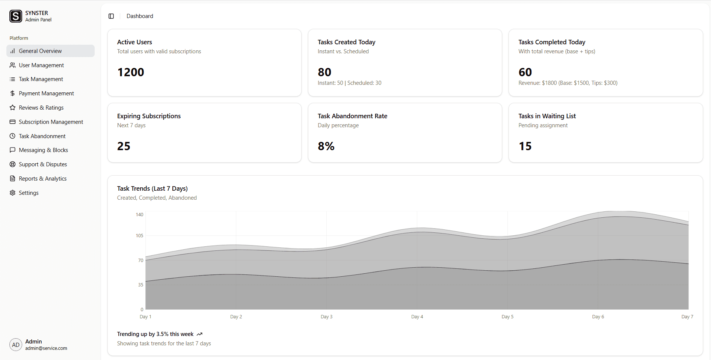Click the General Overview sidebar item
[x=40, y=51]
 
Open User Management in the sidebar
[x=41, y=65]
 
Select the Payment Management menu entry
[x=46, y=93]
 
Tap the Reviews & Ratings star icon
[x=12, y=108]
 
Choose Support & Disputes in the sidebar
[x=43, y=164]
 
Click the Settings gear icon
[x=12, y=193]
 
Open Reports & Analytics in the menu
[x=42, y=179]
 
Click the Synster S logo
[x=16, y=16]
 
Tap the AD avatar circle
[x=16, y=345]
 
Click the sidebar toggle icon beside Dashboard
[x=111, y=16]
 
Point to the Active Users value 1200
[x=131, y=72]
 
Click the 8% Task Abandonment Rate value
[x=326, y=146]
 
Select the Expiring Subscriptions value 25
[x=124, y=146]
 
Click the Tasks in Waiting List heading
[x=547, y=116]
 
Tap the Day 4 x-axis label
[x=417, y=317]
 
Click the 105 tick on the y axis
[x=139, y=236]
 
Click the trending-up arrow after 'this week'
[x=199, y=334]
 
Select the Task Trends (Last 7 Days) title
[x=152, y=188]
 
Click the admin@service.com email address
[x=46, y=348]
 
